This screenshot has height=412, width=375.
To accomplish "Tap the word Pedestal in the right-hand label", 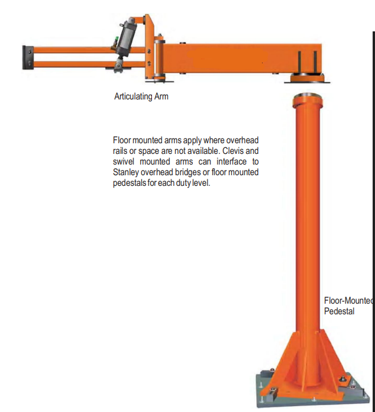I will click(x=339, y=311).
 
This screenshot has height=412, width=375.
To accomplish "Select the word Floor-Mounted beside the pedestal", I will click(x=349, y=301).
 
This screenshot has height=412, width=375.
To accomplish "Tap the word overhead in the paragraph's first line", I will click(x=243, y=140).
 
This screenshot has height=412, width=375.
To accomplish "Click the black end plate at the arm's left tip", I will click(x=28, y=55).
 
